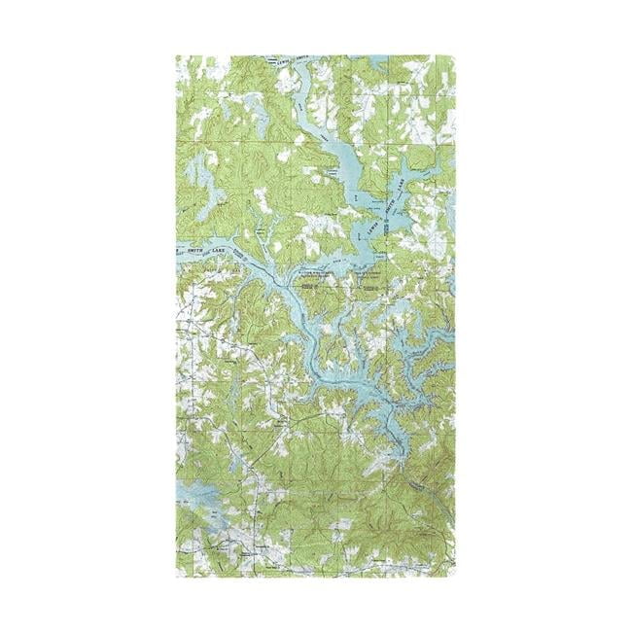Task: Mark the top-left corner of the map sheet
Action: pos(176,55)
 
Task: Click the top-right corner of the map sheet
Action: pos(455,55)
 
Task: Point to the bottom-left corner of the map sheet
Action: pos(176,577)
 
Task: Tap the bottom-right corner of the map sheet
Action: pos(455,577)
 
